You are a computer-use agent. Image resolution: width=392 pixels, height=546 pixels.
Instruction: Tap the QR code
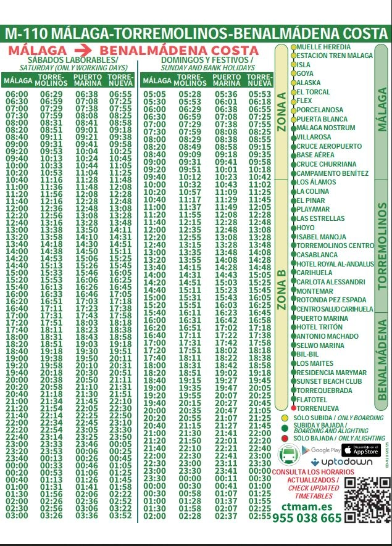[366, 500]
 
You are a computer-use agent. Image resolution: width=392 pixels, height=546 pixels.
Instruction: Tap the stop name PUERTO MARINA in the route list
[322, 318]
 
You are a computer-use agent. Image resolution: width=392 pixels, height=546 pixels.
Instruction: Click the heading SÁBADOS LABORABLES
[69, 60]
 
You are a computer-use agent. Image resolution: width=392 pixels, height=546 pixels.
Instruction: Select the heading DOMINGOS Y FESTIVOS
[207, 60]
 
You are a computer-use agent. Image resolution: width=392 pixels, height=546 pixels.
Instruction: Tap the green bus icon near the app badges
[288, 456]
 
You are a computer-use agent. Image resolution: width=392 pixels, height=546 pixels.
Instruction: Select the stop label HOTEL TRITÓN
[320, 327]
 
